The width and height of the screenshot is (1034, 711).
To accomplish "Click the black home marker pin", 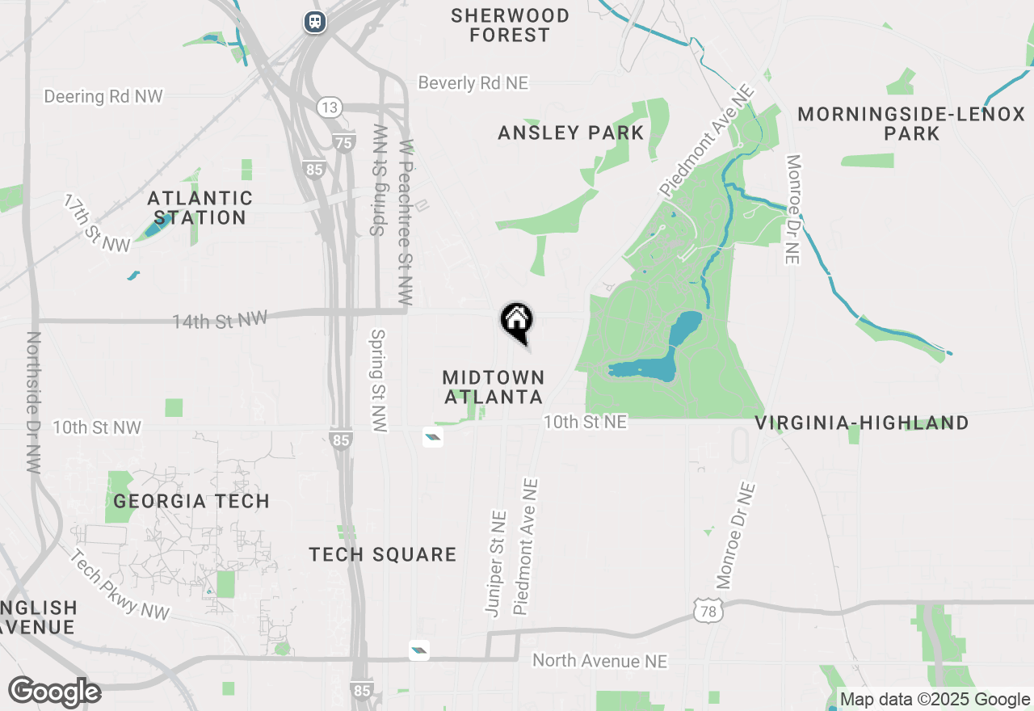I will [x=517, y=321].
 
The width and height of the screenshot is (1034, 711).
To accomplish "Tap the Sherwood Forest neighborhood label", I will [x=510, y=25].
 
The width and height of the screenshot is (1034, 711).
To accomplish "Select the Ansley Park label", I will [x=571, y=133].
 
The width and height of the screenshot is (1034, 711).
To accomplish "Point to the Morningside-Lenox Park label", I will [x=911, y=124].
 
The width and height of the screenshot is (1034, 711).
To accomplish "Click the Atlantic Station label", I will [x=200, y=208].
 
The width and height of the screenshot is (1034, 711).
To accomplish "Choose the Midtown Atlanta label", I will [x=494, y=387].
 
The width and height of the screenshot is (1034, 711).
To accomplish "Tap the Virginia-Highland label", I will [x=862, y=423].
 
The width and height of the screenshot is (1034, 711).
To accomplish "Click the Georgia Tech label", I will [x=191, y=501].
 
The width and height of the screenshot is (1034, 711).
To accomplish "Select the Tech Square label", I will [x=383, y=554].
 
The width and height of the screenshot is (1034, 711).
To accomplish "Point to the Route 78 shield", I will [x=708, y=612].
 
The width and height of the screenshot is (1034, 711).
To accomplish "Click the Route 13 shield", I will [x=330, y=107].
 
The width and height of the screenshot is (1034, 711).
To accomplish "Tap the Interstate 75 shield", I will [x=344, y=143].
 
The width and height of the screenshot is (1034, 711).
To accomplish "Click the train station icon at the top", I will [x=315, y=21].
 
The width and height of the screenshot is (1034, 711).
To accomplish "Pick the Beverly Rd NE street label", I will [x=473, y=82].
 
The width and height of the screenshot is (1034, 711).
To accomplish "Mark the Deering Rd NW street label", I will [x=103, y=96].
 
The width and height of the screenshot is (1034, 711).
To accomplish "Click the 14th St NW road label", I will [x=220, y=320].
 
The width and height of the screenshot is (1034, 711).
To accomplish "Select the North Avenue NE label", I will [x=600, y=661].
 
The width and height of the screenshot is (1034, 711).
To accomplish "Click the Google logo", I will [x=55, y=692].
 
